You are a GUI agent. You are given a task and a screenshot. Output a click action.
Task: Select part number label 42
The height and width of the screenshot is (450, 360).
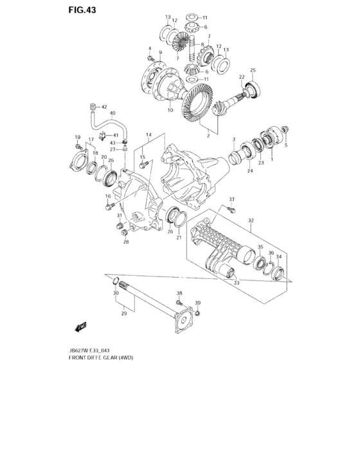pos(104,107)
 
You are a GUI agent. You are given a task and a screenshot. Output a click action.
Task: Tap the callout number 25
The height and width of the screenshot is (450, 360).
pos(253,70)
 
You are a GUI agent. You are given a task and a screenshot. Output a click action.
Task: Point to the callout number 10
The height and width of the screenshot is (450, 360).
pos(170,111)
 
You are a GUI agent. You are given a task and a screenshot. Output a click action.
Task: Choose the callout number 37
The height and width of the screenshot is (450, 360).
pos(232,199)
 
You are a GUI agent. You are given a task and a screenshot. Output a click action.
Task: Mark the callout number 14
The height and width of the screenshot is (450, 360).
pos(148,135)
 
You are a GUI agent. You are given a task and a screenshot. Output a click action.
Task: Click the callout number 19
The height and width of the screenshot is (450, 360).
pos(76,138)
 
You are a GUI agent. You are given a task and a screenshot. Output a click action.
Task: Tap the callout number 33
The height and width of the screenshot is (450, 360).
pos(237,282)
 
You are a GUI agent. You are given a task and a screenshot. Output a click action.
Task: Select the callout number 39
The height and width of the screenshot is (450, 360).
pos(198,303)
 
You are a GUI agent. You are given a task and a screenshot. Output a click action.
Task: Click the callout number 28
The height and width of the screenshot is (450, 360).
pos(126,242)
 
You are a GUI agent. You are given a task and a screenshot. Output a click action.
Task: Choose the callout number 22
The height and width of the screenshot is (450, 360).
pos(242,77)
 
